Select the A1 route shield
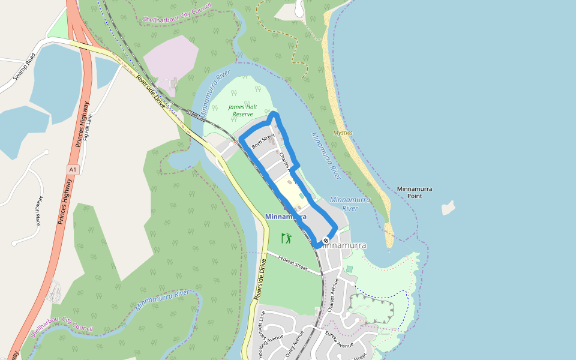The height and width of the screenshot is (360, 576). (x=73, y=170)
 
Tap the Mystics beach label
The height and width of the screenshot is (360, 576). (x=343, y=133)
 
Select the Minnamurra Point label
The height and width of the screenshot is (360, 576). (x=414, y=192)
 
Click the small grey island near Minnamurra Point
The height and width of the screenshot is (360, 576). (x=448, y=208)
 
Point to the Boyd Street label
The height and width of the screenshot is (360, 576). (x=263, y=143)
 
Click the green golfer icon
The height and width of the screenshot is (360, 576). (x=286, y=238)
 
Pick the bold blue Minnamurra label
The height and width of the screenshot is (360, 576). (x=285, y=216)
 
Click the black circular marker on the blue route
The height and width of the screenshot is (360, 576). (x=326, y=241)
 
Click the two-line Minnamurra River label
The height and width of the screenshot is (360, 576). (x=350, y=204)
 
